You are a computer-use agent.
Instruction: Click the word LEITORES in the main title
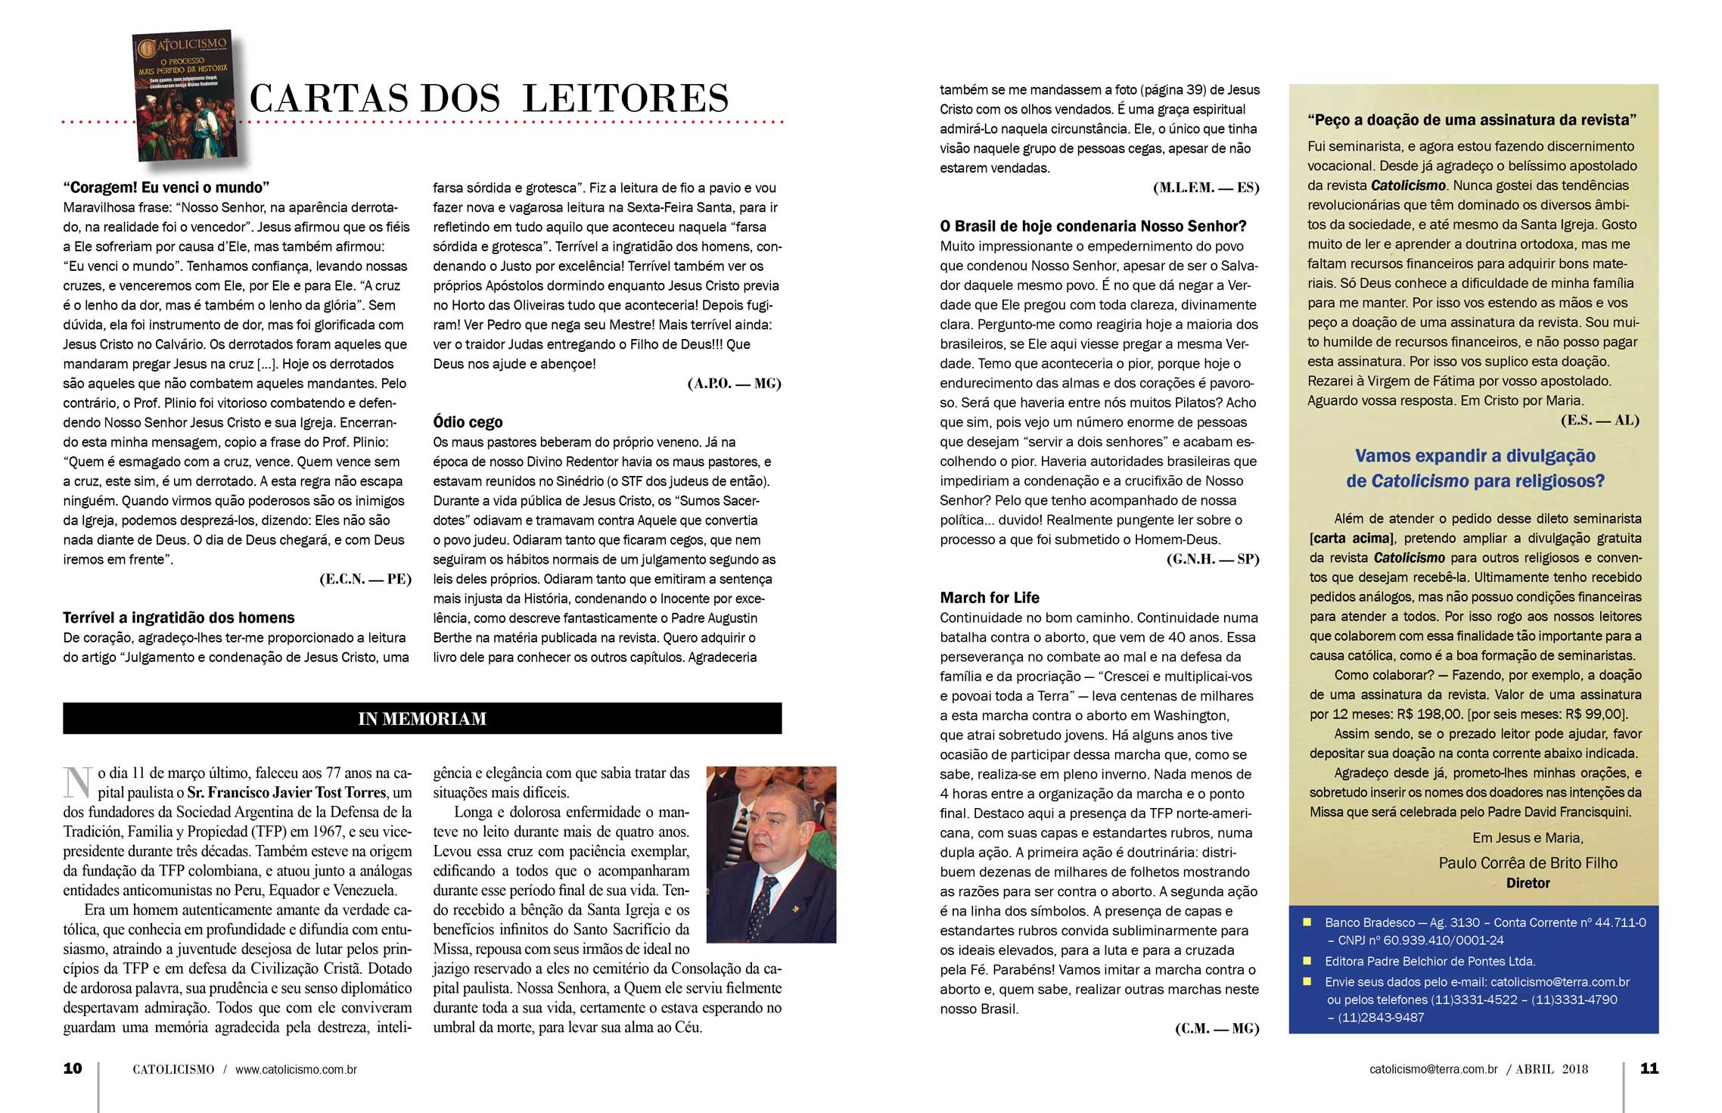[x=626, y=99]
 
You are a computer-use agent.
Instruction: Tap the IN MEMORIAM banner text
[x=422, y=719]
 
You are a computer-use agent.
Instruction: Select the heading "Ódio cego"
[x=468, y=422]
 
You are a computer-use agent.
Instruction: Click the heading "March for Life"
[x=990, y=598]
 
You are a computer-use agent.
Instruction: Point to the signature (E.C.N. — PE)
[x=365, y=580]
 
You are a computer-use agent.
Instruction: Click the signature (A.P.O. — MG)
[x=734, y=384]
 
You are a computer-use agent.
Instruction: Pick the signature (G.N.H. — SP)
[x=1213, y=560]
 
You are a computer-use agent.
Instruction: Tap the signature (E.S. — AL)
[x=1599, y=421]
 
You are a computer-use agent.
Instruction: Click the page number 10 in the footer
[x=73, y=1068]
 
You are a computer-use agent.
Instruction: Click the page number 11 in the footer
[x=1649, y=1068]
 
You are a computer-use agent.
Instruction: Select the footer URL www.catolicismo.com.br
[x=296, y=1070]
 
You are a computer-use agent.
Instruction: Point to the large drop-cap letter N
[x=78, y=783]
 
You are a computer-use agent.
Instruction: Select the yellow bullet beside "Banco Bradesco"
[x=1307, y=922]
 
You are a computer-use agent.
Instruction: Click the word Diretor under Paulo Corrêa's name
[x=1528, y=883]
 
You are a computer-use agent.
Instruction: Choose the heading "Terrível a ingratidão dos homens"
[x=179, y=617]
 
